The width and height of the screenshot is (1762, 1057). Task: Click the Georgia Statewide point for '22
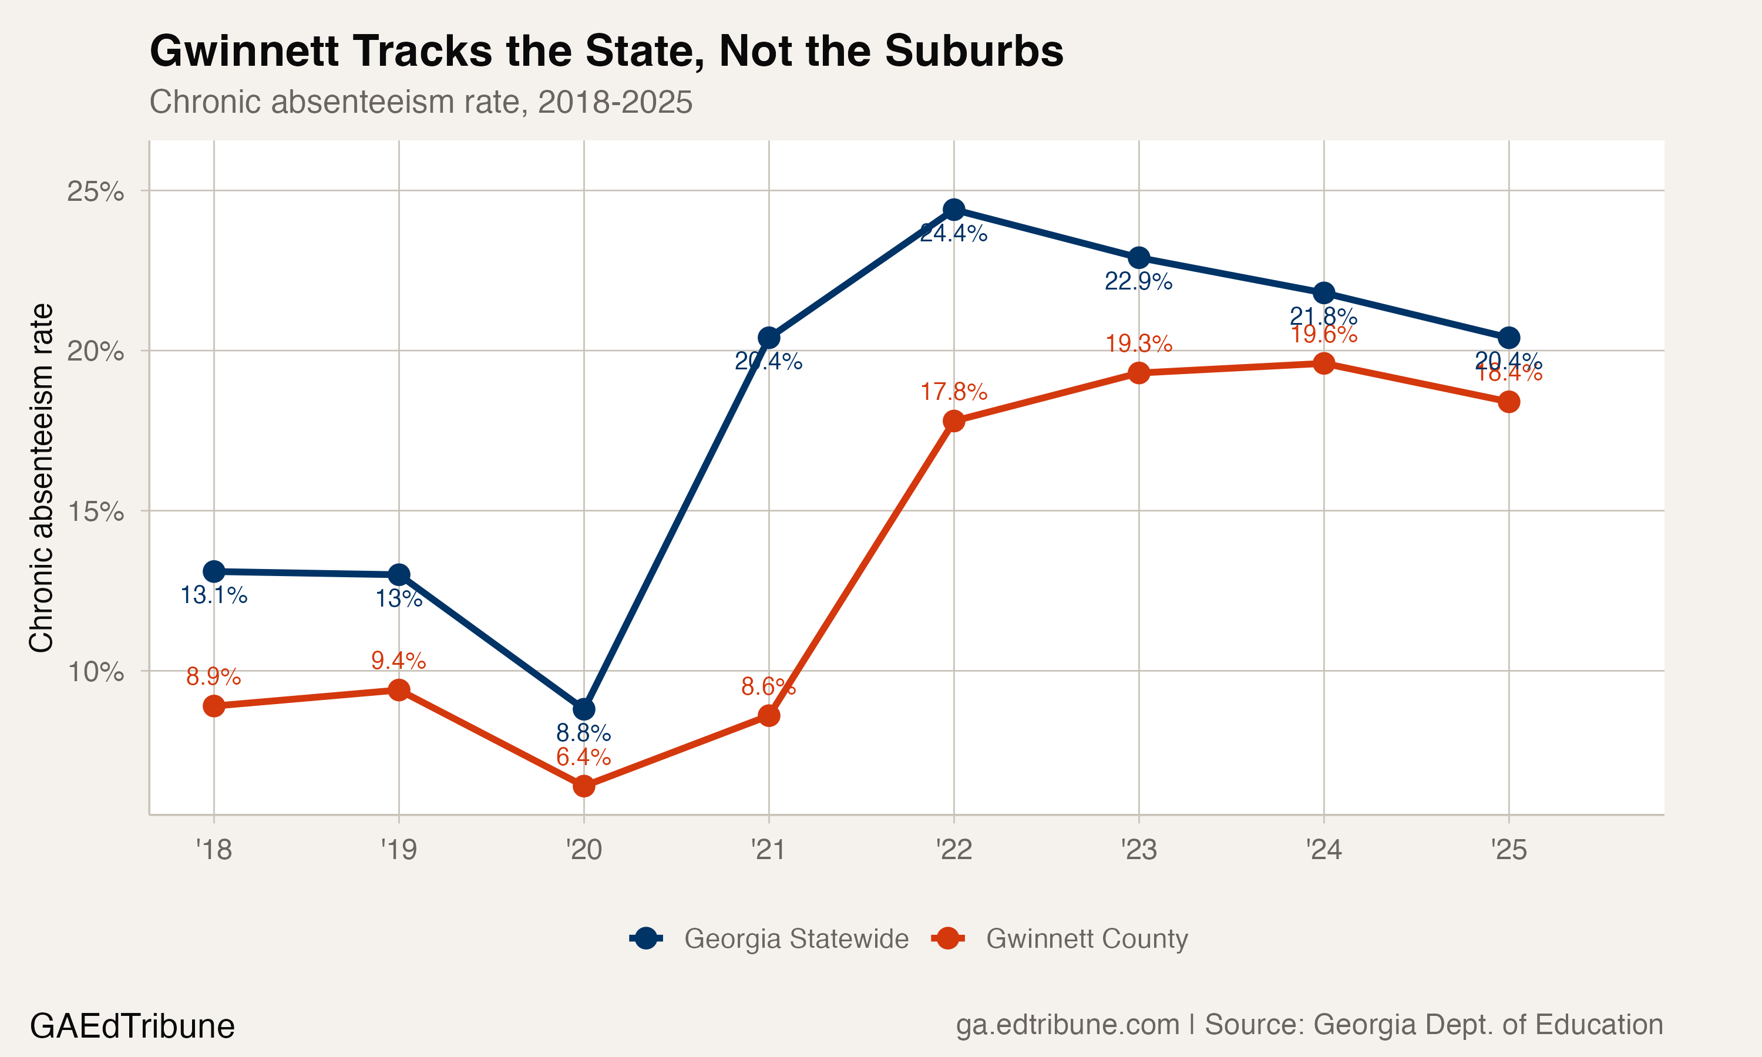click(x=954, y=210)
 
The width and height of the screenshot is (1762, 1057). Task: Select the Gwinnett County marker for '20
click(x=583, y=786)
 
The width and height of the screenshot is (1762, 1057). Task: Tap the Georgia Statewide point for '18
click(x=214, y=571)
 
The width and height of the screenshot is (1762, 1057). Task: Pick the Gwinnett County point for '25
click(x=1508, y=402)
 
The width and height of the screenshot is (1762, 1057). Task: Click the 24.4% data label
click(x=954, y=234)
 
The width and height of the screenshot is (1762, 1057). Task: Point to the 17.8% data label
click(x=954, y=392)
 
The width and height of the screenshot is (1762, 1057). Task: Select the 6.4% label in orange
click(x=583, y=756)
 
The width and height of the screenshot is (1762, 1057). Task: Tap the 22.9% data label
click(x=1138, y=281)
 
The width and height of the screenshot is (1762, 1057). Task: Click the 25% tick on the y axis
click(x=95, y=191)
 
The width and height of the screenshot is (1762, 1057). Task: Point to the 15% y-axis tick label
click(x=95, y=511)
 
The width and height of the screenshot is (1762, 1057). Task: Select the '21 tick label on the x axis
click(x=768, y=849)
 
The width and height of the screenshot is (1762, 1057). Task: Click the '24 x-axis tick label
click(x=1323, y=849)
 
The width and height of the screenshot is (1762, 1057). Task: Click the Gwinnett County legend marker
click(x=947, y=939)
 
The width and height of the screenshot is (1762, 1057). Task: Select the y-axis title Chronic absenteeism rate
click(x=41, y=477)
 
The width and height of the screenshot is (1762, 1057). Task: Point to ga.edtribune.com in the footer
click(x=1067, y=1024)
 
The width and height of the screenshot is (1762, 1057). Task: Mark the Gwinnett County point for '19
click(x=399, y=689)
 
